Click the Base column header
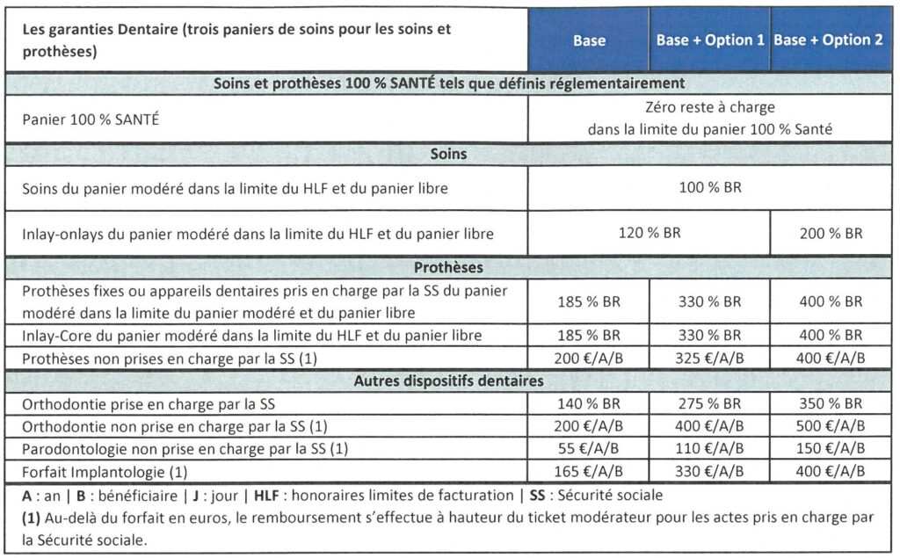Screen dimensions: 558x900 [589, 40]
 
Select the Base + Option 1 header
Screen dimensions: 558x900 [710, 40]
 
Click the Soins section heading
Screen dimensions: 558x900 [448, 154]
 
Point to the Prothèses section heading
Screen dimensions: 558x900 [448, 266]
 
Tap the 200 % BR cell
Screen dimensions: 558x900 [831, 234]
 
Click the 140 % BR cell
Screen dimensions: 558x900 [589, 403]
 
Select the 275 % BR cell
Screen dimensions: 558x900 [710, 403]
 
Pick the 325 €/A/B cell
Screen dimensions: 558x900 [710, 358]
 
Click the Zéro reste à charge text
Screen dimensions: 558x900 [709, 108]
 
